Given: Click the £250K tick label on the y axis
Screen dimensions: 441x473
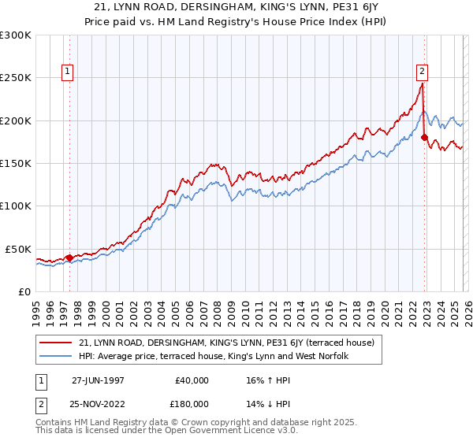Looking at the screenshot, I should (x=16, y=78).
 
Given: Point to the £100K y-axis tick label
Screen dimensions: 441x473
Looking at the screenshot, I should (x=16, y=206).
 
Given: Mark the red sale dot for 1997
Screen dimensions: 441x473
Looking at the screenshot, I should (x=69, y=257).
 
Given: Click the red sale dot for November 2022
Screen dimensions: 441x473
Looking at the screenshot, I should (x=424, y=138).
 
